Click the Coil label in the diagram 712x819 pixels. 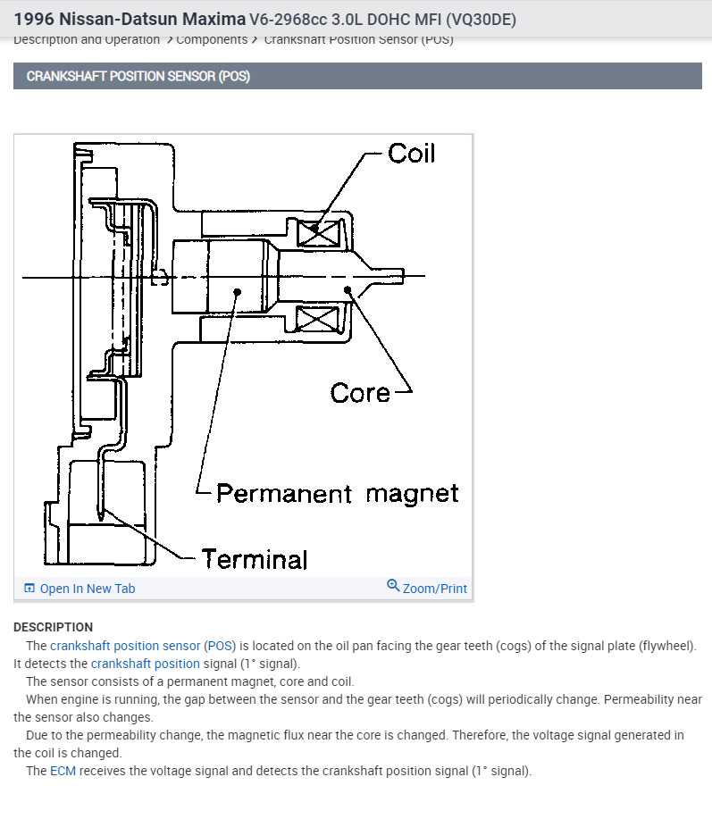(411, 154)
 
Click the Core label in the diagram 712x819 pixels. (359, 393)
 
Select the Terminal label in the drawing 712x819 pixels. (254, 560)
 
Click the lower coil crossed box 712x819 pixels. (318, 319)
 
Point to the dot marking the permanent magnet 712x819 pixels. (238, 290)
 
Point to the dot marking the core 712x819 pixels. (347, 289)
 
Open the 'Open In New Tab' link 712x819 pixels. (88, 589)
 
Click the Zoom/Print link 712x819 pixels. (434, 589)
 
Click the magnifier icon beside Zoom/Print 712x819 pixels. (393, 586)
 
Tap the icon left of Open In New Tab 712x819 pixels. (29, 589)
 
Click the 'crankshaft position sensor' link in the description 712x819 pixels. (125, 646)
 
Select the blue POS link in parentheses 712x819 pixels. (219, 646)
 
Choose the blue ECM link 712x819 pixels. (63, 771)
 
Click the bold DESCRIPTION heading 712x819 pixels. (53, 627)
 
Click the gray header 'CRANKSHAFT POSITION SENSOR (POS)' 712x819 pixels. (138, 76)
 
